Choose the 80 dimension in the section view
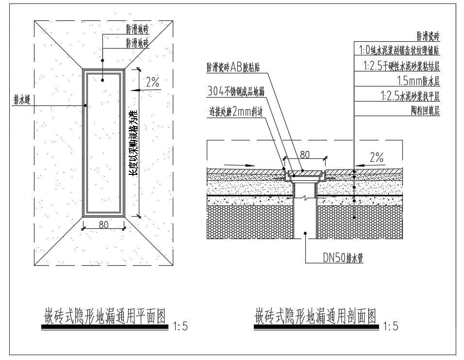click(304, 155)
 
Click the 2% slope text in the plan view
click(152, 83)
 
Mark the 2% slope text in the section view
click(376, 157)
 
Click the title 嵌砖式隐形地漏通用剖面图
click(315, 316)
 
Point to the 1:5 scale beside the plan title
click(180, 327)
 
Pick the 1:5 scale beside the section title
click(390, 327)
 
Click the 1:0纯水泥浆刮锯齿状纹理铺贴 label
click(399, 50)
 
